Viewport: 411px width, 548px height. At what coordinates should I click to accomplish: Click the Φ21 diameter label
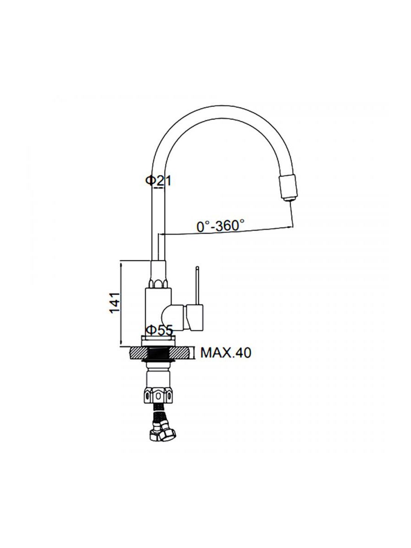point(158,180)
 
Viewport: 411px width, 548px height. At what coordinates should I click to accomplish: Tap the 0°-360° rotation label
point(221,226)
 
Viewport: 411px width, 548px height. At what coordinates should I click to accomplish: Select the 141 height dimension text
point(115,302)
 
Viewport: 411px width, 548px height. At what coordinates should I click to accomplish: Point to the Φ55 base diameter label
point(159,331)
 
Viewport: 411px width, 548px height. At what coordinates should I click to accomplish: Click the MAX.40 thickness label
point(226,353)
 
